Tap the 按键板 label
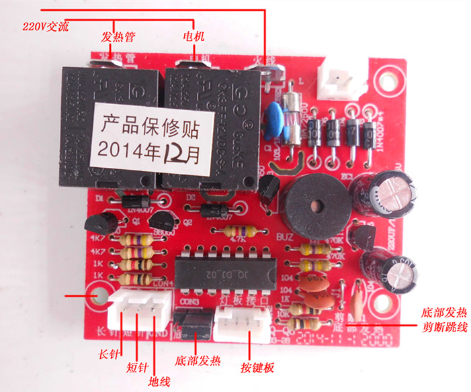(x=257, y=367)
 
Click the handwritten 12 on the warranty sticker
(x=172, y=154)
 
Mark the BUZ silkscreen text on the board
(x=283, y=236)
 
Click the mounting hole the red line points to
(x=101, y=296)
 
